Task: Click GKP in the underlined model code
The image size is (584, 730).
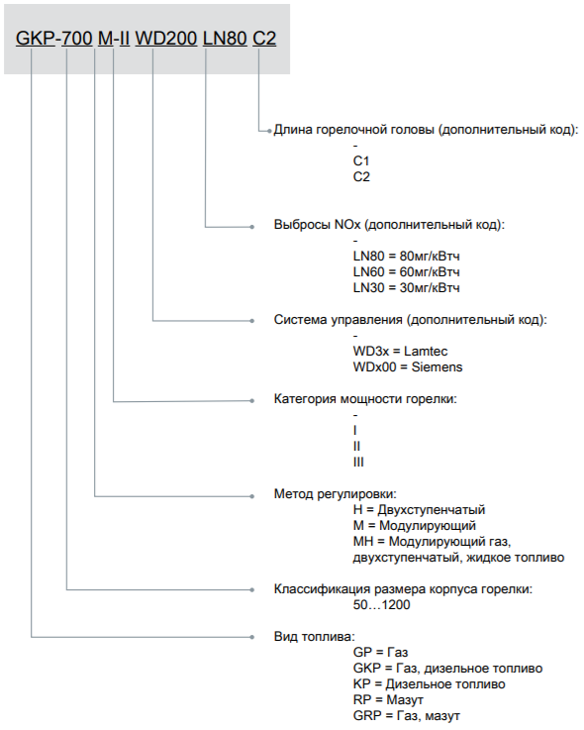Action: click(36, 39)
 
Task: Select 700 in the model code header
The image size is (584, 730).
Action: click(77, 39)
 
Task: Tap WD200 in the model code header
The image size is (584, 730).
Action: click(166, 39)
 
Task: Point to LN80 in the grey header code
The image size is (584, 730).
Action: click(225, 39)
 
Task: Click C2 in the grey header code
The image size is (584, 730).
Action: click(264, 39)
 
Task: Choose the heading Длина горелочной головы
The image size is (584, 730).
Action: click(353, 130)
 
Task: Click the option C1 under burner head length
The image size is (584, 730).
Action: click(361, 161)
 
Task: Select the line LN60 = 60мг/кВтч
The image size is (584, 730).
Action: click(406, 271)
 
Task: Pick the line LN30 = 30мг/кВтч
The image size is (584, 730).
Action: click(406, 287)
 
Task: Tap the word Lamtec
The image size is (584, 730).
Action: click(426, 351)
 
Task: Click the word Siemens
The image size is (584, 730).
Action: click(437, 366)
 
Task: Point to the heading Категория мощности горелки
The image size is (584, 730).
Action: click(365, 399)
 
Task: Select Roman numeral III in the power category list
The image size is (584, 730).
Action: click(358, 462)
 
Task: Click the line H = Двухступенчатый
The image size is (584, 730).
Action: click(419, 510)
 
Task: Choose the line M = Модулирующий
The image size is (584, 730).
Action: click(415, 526)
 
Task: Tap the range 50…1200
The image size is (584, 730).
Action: click(381, 605)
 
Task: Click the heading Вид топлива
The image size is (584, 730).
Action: click(314, 637)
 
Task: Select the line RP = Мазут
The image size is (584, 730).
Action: click(388, 699)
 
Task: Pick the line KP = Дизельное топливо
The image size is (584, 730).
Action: click(429, 683)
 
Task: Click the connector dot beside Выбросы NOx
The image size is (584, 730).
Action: click(252, 227)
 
